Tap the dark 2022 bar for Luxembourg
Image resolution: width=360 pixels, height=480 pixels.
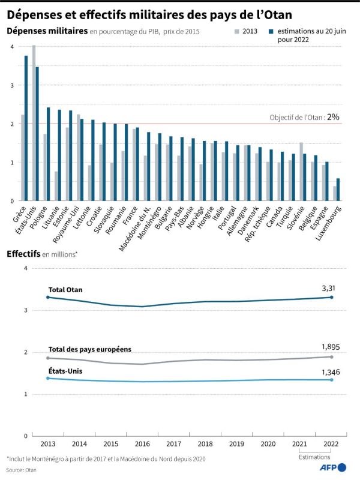(x=338, y=189)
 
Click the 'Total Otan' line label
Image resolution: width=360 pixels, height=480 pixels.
(x=65, y=290)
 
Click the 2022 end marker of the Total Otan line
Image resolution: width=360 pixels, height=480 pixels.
(x=331, y=297)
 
